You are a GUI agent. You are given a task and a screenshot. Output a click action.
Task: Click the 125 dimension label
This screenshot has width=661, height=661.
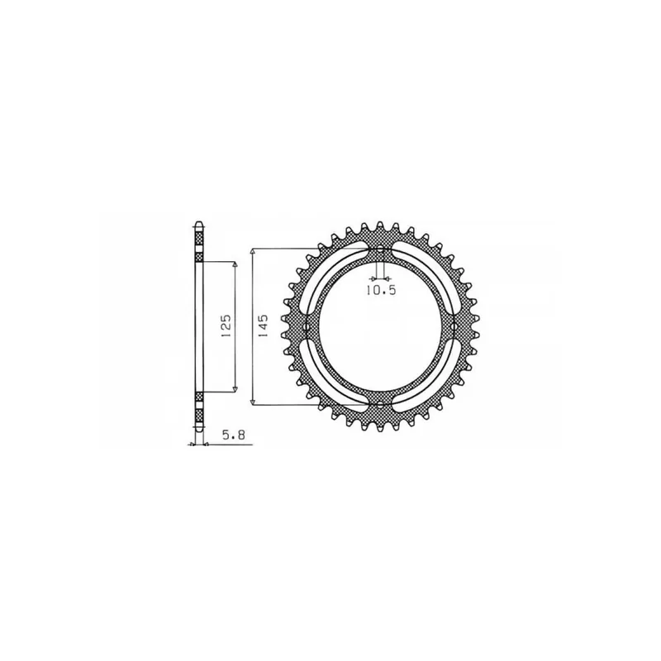(x=225, y=325)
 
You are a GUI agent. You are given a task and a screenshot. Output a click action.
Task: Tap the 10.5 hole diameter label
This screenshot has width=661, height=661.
(x=381, y=291)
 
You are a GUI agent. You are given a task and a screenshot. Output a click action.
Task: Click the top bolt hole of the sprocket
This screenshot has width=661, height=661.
(x=380, y=250)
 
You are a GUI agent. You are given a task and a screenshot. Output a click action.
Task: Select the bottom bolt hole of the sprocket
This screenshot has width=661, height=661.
(x=380, y=404)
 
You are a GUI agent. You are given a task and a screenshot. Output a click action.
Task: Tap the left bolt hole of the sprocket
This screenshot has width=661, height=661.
(x=307, y=327)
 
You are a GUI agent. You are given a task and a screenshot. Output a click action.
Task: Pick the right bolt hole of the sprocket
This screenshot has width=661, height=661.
(x=453, y=327)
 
